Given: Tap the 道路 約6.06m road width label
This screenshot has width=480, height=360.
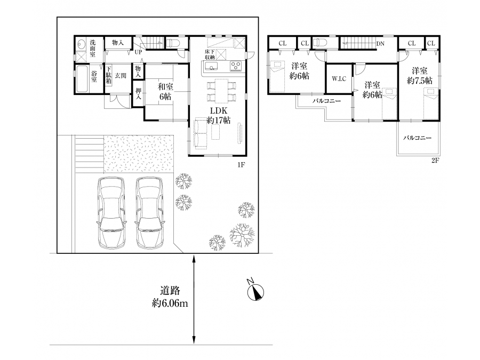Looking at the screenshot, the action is click(170, 297).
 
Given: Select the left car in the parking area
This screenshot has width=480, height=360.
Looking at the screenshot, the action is click(111, 213).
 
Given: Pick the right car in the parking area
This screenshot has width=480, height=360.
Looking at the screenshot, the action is click(149, 213).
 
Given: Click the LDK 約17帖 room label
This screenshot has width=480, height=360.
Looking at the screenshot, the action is click(219, 115).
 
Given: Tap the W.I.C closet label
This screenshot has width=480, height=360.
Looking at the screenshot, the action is click(339, 79).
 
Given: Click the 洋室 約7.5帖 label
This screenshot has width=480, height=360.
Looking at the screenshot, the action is click(420, 76).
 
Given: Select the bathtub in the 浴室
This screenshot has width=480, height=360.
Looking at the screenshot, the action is click(82, 79).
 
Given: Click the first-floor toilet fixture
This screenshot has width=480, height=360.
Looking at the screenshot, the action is click(174, 43).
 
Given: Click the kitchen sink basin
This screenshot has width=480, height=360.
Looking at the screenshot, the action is click(211, 66).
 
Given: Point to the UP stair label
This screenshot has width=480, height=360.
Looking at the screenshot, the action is click(138, 52).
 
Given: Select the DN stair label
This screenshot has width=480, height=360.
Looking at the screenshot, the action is click(380, 44).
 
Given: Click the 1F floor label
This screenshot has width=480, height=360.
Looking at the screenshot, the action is click(241, 165).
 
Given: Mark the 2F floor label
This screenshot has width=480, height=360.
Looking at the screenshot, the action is click(435, 160).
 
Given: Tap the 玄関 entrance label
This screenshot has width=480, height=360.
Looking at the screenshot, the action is click(121, 75).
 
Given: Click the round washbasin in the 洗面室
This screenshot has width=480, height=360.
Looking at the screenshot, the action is click(82, 45).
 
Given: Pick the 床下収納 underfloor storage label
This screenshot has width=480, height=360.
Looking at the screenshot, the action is click(210, 54).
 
